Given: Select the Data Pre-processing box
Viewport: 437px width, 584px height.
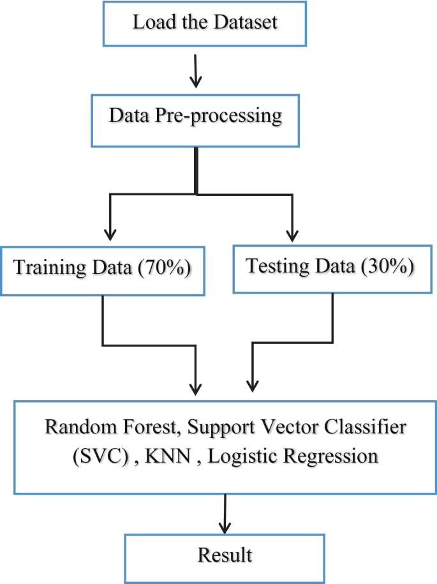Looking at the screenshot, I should tap(196, 117).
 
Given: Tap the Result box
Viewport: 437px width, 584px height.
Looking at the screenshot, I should tap(225, 555).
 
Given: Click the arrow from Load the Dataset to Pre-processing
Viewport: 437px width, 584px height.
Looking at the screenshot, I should tap(196, 70).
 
